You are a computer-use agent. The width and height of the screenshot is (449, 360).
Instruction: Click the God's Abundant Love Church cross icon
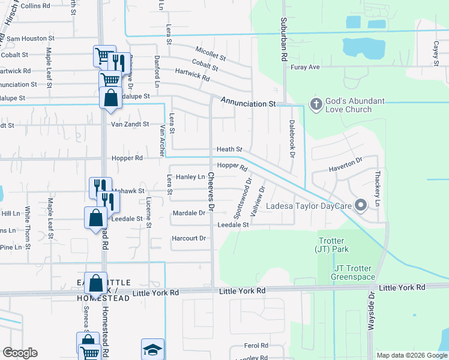(316, 104)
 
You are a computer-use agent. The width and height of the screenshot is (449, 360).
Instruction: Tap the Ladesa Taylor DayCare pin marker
(361, 205)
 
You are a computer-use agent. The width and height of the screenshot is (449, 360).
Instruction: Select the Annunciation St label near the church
(247, 104)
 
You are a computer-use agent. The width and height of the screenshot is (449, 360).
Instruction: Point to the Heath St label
(229, 149)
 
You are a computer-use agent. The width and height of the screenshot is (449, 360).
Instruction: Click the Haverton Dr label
(346, 164)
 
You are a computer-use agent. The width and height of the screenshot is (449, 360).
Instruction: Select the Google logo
(20, 353)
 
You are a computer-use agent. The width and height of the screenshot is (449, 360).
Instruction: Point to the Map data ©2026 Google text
(411, 355)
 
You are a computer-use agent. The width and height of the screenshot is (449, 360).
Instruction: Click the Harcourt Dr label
(189, 238)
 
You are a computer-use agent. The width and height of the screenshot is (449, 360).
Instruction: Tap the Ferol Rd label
(256, 346)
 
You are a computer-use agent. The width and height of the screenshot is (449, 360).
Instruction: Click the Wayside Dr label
(370, 311)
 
